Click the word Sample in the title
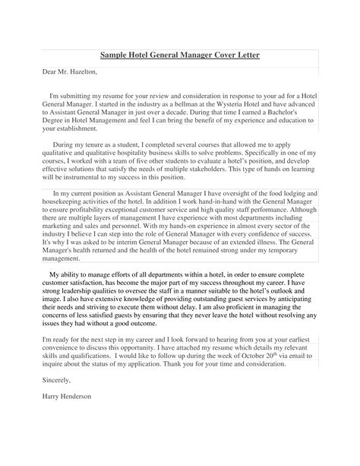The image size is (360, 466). [117, 55]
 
